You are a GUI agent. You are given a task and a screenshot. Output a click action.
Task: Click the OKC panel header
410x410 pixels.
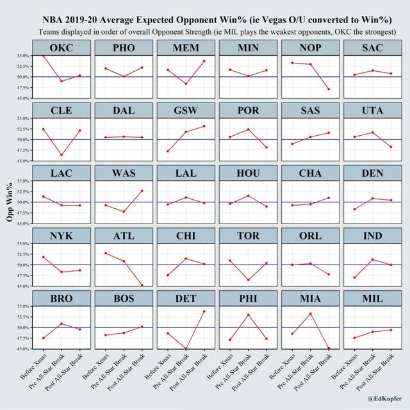62,49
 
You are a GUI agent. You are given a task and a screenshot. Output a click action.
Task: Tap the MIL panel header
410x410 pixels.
373,299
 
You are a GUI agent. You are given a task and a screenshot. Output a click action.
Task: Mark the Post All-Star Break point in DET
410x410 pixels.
204,311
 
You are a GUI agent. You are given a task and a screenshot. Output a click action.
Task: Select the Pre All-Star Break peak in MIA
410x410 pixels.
311,313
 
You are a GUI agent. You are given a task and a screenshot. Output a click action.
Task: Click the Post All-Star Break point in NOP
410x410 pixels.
329,89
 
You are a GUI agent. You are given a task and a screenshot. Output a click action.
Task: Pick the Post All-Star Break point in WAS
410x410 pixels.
142,191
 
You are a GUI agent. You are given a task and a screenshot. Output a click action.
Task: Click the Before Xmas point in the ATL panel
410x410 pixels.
106,253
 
